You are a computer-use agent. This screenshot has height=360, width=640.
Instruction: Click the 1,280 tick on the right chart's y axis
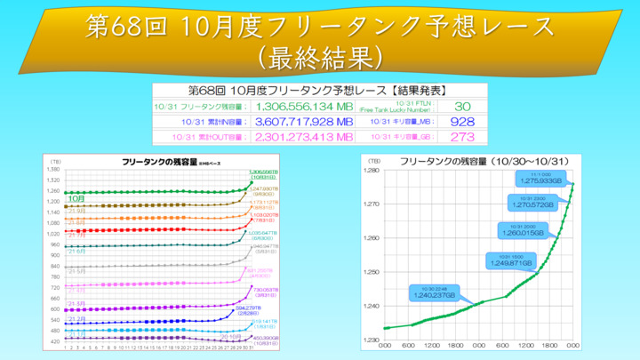373,171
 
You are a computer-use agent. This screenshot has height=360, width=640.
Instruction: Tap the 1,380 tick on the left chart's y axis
54,169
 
